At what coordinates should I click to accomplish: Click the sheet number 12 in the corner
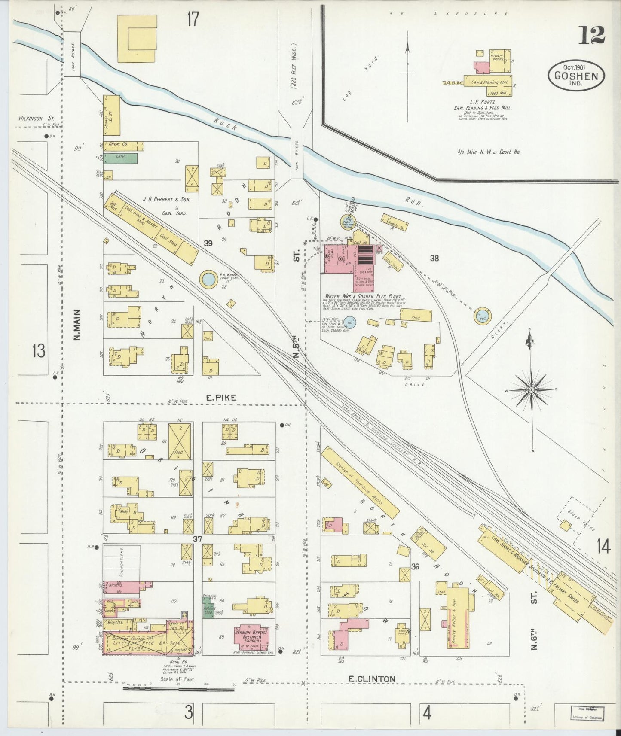592,36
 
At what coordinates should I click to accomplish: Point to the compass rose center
532,389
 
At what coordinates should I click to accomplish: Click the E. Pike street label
221,398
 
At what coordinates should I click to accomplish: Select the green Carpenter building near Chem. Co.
120,158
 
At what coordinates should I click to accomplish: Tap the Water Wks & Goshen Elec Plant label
363,297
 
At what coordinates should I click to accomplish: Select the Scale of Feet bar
178,690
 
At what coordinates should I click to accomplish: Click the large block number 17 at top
193,19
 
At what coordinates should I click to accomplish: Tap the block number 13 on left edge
38,351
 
